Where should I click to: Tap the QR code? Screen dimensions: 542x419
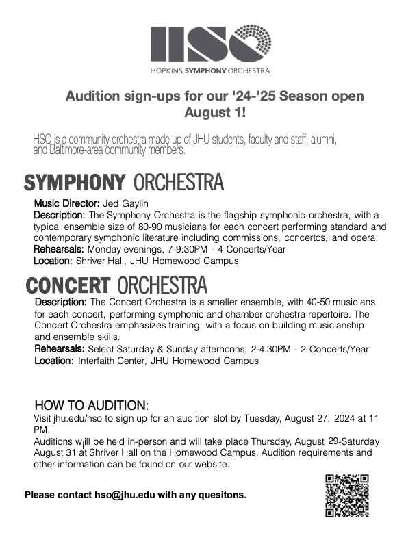[346, 495]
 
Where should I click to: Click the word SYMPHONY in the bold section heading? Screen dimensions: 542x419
[75, 183]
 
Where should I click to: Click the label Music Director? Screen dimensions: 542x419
[67, 203]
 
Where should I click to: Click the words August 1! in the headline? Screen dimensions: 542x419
[209, 111]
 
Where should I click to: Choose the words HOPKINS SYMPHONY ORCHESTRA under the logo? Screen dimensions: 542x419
[210, 70]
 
